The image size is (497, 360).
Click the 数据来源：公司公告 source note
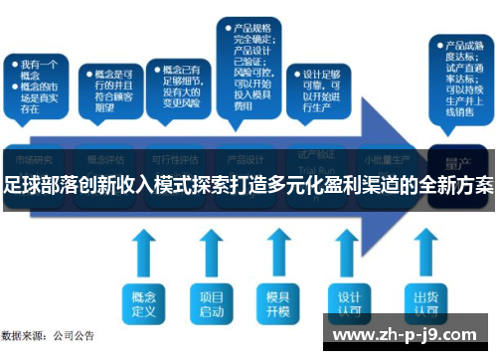pyautogui.click(x=48, y=336)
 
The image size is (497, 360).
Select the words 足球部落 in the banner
pyautogui.click(x=43, y=185)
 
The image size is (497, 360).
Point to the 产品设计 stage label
pyautogui.click(x=246, y=158)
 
